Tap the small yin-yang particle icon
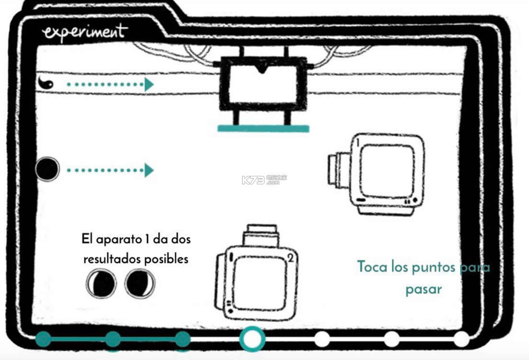tap(47, 83)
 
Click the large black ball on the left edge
tap(47, 169)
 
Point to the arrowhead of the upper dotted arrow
tap(149, 85)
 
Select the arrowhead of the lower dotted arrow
tap(149, 170)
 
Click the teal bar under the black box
tap(263, 128)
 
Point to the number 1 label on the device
tap(357, 142)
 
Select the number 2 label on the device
tap(289, 259)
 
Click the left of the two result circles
tap(101, 283)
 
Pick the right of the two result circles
tap(140, 283)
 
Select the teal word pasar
tap(424, 289)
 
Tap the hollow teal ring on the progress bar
tap(252, 339)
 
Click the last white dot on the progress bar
tap(461, 339)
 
